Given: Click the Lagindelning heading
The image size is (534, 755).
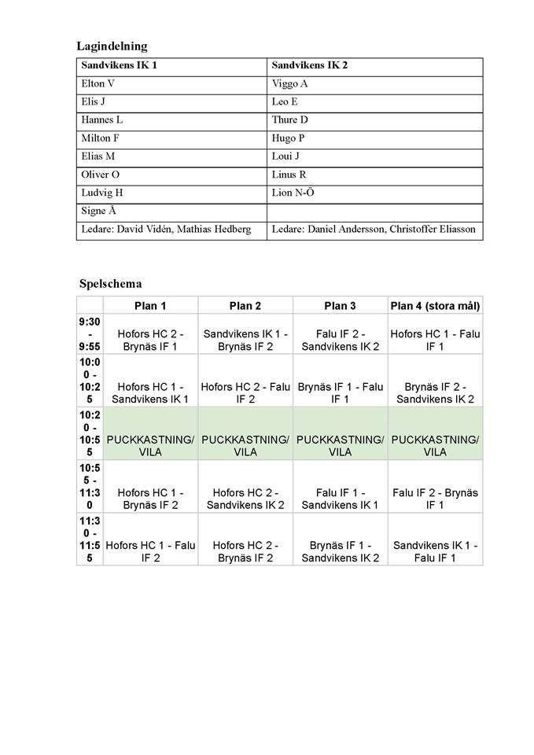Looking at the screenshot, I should (x=112, y=46).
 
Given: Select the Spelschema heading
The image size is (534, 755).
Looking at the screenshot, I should (x=111, y=283).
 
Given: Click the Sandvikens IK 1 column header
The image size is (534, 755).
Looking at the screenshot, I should (x=119, y=65).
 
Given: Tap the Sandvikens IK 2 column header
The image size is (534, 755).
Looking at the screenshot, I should (x=309, y=65).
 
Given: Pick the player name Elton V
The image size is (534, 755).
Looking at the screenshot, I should (x=98, y=83).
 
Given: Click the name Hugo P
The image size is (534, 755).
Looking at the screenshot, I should (x=289, y=138).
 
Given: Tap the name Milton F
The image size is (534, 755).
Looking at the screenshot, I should (x=100, y=138).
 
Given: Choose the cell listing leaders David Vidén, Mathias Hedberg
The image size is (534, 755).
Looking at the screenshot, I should (x=166, y=229).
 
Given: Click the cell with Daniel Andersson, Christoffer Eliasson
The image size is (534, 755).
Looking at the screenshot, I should (x=374, y=229).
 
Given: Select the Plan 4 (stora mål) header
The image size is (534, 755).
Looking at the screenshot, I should (x=435, y=305).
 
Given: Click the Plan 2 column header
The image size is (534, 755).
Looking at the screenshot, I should (x=245, y=305).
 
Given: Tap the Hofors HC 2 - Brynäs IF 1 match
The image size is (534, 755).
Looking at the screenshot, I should (x=150, y=340).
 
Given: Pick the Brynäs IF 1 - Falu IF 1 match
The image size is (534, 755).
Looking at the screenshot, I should (x=340, y=392).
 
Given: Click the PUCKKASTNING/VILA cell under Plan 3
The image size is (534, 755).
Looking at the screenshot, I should (x=340, y=445).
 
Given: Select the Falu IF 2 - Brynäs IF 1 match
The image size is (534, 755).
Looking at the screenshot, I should (x=435, y=499).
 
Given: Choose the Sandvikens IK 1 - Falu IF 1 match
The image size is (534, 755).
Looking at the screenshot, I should (x=435, y=551).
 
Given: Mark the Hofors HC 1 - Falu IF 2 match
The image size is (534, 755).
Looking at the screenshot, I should (x=150, y=551).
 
